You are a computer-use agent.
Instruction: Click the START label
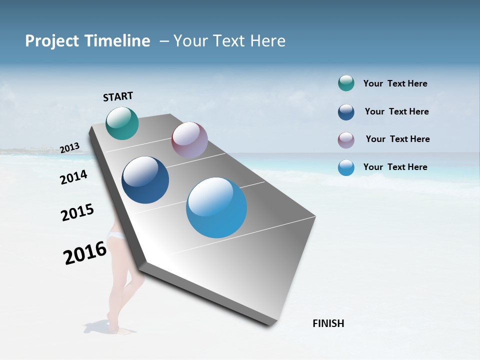point(118,96)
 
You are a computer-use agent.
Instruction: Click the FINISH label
point(328,323)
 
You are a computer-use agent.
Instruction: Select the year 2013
point(70,148)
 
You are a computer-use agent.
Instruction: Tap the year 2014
point(73,177)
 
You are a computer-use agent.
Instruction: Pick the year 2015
point(77,212)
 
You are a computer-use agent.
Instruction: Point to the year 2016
point(85,253)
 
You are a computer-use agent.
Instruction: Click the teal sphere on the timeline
point(122,123)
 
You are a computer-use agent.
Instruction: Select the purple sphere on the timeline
point(189,140)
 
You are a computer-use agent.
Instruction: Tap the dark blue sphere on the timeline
point(145,180)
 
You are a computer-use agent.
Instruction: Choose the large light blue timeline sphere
point(216,207)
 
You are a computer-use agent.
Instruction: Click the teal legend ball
point(346,83)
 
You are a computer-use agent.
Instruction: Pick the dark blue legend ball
point(346,112)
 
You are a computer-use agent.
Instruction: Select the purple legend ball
point(346,139)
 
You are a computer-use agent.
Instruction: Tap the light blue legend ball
point(346,167)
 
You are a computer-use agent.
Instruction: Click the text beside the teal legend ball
point(395,84)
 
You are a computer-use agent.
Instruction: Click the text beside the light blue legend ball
point(395,167)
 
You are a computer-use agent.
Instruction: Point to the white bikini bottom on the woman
point(117,235)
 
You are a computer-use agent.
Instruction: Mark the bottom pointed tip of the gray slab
point(270,325)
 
